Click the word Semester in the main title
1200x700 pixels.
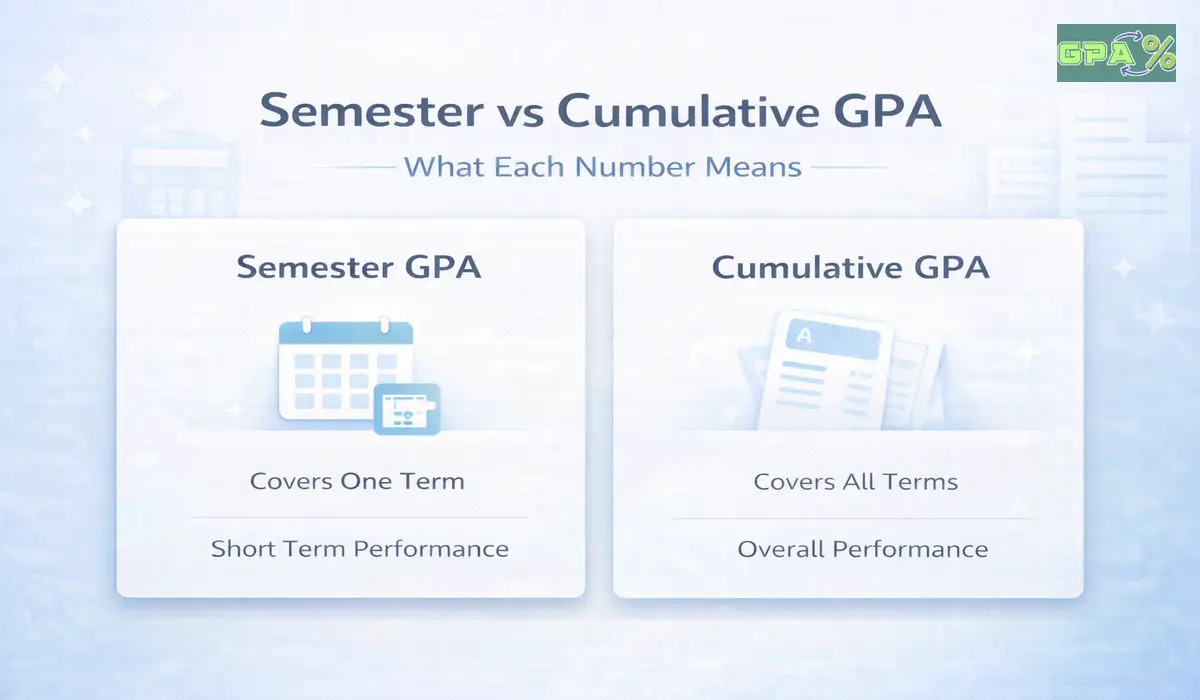[370, 111]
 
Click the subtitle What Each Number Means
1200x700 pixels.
[602, 166]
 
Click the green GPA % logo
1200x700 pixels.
[1116, 52]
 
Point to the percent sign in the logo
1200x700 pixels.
[1157, 54]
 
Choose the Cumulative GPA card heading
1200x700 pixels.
[850, 268]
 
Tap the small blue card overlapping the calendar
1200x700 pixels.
[406, 408]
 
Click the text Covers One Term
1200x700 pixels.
[357, 481]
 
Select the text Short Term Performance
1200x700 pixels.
[360, 549]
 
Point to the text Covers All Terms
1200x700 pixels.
[855, 482]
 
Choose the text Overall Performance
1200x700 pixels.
[862, 549]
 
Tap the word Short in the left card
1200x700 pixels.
[238, 549]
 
